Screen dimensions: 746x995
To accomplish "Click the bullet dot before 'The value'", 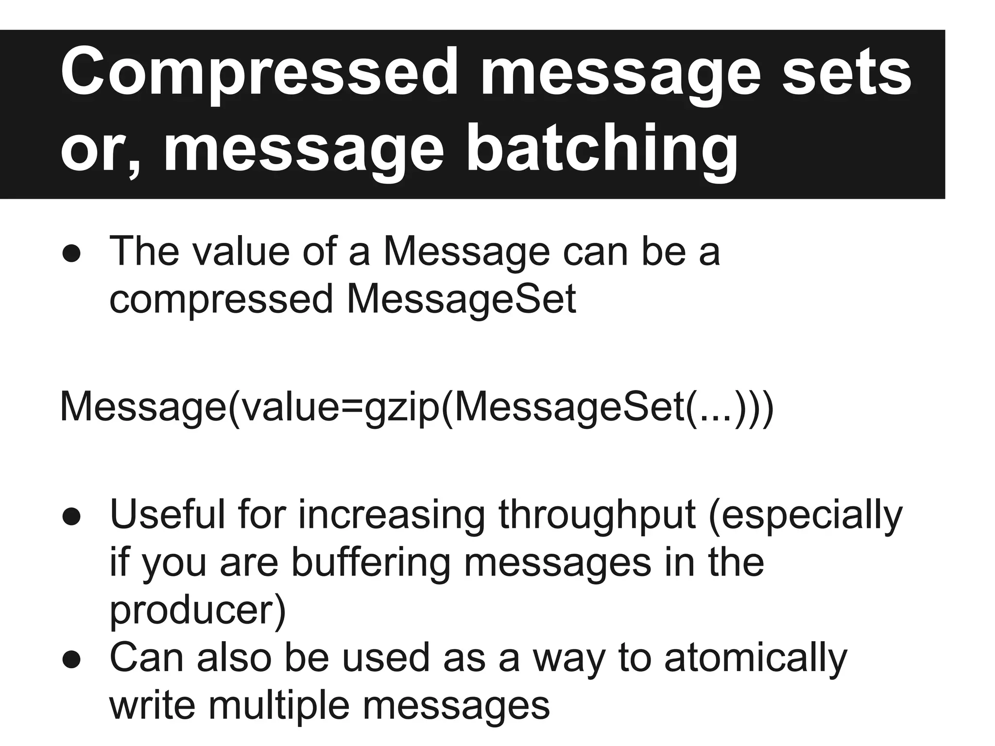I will pyautogui.click(x=71, y=254).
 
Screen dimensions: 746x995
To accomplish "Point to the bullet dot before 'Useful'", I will pyautogui.click(x=71, y=518).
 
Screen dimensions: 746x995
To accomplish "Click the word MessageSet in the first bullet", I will pyautogui.click(x=461, y=299).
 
